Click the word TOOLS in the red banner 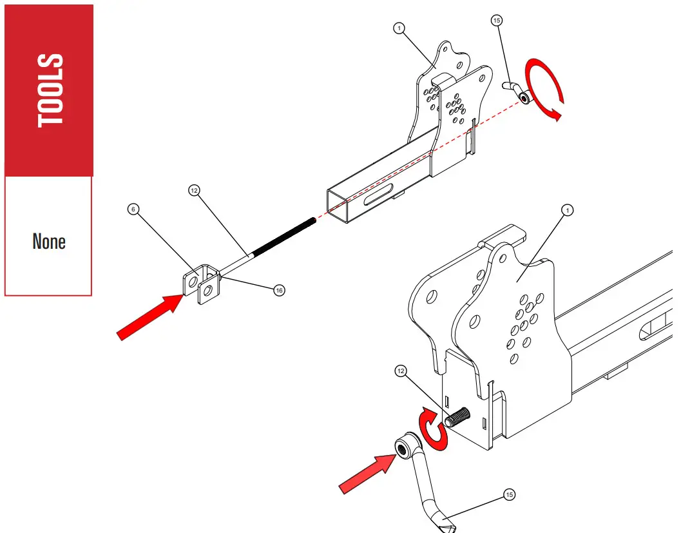[50, 90]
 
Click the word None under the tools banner [49, 242]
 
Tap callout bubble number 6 [133, 209]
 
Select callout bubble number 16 [278, 290]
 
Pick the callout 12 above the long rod [194, 190]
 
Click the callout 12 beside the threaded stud [401, 371]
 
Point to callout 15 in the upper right [496, 21]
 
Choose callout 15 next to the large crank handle [509, 495]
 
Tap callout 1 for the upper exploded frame [399, 28]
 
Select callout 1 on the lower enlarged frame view [567, 210]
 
